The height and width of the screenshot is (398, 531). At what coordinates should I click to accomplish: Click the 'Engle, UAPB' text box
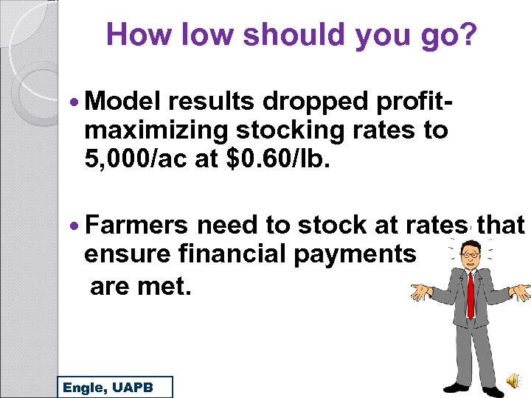point(115,387)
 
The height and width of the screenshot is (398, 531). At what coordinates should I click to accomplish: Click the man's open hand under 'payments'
point(420,292)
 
